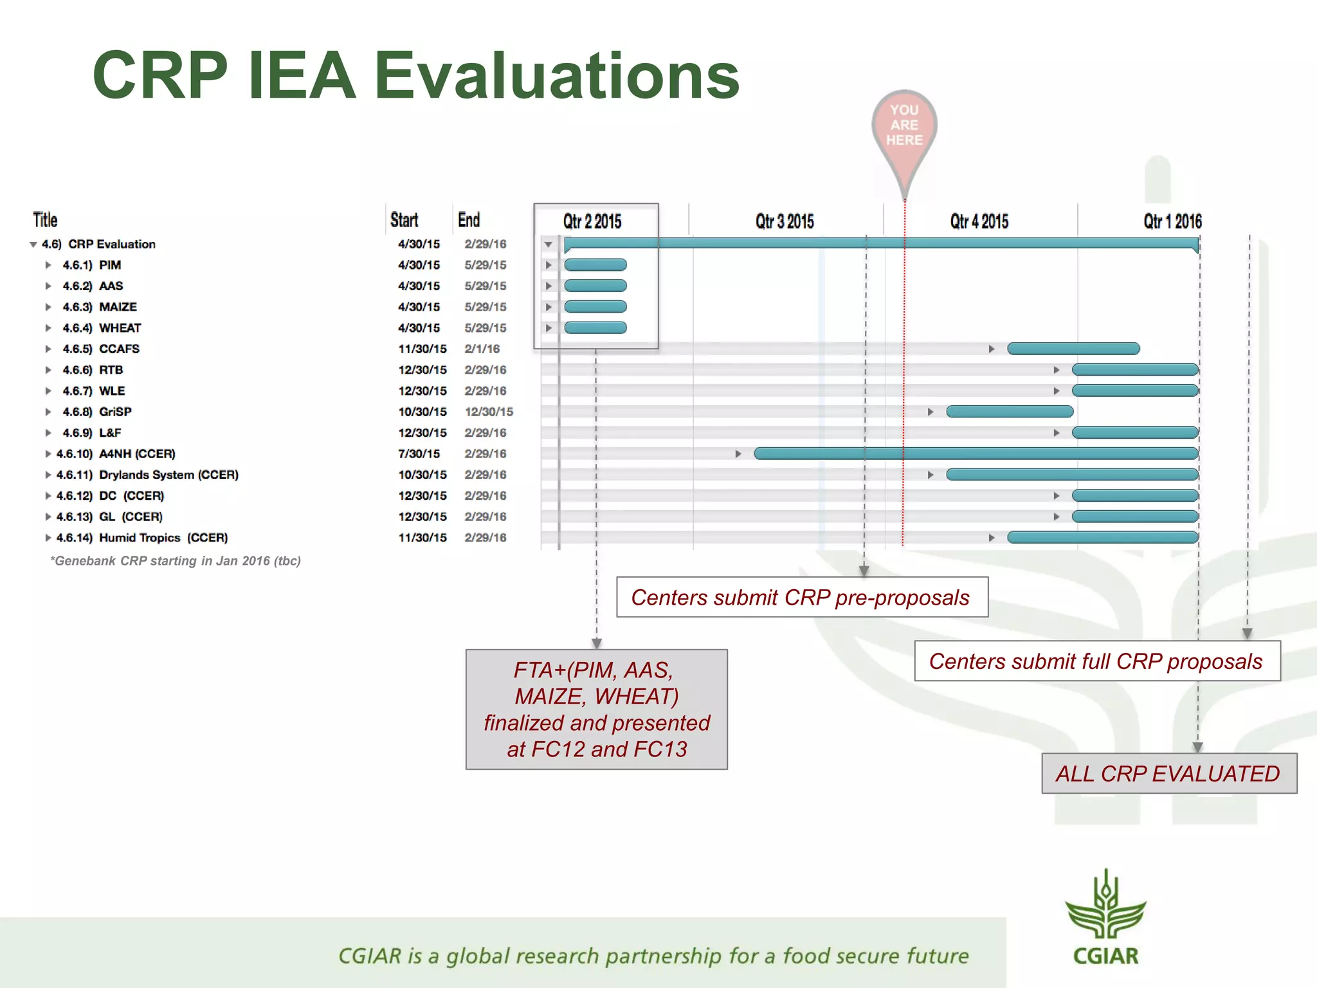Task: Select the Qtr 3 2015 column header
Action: [x=785, y=221]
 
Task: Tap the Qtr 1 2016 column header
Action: [x=1172, y=221]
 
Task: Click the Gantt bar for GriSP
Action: [x=1010, y=412]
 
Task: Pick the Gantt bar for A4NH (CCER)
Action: [x=976, y=453]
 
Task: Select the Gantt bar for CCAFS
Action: [x=1073, y=349]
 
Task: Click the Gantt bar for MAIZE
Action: [x=595, y=307]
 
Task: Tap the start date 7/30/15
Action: [x=419, y=453]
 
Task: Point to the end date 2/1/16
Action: [x=482, y=349]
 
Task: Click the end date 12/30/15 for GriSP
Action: [x=489, y=412]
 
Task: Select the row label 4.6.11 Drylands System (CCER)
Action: [x=148, y=475]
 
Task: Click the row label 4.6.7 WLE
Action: [x=94, y=391]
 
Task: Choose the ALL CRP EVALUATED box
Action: [x=1168, y=773]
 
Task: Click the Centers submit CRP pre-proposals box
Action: [x=801, y=598]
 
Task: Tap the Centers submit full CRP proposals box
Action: [x=1096, y=661]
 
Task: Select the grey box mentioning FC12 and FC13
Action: [x=596, y=709]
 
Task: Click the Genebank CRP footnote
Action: [x=176, y=561]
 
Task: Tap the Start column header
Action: [x=404, y=220]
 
